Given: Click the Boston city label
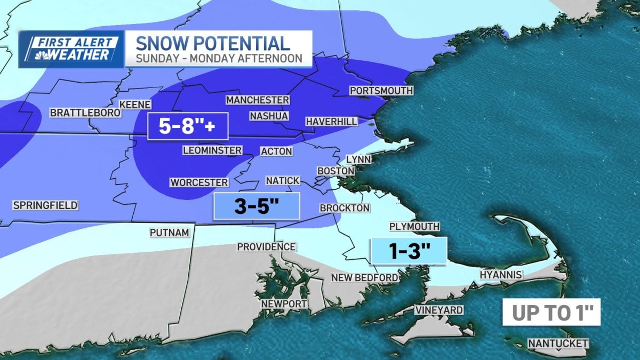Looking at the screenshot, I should (335, 171).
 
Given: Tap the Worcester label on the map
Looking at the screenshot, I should (199, 182).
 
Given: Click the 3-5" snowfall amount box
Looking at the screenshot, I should (257, 206).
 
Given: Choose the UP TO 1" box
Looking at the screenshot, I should (551, 313).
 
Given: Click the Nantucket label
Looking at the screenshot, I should (558, 343).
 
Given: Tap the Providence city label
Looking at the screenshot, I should (266, 247).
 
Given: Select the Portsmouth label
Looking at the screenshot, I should (381, 91).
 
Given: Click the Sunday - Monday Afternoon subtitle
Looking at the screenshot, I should (219, 58).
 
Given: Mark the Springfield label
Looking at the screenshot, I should (45, 205).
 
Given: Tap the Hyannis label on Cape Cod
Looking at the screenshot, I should (500, 275).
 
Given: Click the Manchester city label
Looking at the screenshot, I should (258, 100).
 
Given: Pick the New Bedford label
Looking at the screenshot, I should (364, 277).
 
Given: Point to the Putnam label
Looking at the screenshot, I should (169, 233).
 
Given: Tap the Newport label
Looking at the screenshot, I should (284, 304).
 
